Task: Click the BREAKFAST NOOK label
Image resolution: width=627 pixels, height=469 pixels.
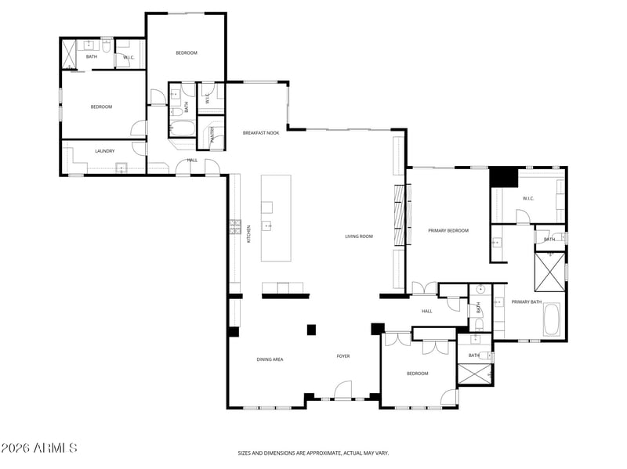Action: pyautogui.click(x=261, y=133)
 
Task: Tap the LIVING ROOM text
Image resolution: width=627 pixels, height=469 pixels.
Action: pyautogui.click(x=359, y=236)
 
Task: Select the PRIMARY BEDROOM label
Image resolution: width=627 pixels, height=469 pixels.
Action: pyautogui.click(x=448, y=230)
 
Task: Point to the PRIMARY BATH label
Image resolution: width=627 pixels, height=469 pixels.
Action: pyautogui.click(x=527, y=301)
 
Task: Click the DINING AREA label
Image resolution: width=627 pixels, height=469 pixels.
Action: pyautogui.click(x=270, y=359)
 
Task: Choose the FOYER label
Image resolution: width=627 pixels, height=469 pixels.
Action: pyautogui.click(x=343, y=356)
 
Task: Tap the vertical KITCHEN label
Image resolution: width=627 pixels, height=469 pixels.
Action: pyautogui.click(x=249, y=233)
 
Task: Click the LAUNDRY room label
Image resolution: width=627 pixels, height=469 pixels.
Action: pyautogui.click(x=105, y=151)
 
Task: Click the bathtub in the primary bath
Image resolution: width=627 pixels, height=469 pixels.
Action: pyautogui.click(x=552, y=319)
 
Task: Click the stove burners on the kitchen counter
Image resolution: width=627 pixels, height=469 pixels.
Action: pyautogui.click(x=234, y=227)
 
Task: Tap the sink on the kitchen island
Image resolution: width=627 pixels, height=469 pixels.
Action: pyautogui.click(x=267, y=226)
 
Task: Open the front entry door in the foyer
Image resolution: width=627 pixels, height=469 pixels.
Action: pyautogui.click(x=342, y=391)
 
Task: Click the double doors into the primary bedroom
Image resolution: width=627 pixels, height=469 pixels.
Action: pyautogui.click(x=424, y=289)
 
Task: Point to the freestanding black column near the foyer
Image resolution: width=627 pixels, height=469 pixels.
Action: pyautogui.click(x=311, y=330)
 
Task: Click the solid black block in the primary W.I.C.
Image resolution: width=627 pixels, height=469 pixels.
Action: pyautogui.click(x=504, y=178)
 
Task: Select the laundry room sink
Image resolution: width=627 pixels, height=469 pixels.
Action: pyautogui.click(x=121, y=167)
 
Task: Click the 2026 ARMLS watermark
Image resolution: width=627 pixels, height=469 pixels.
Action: pyautogui.click(x=39, y=449)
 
